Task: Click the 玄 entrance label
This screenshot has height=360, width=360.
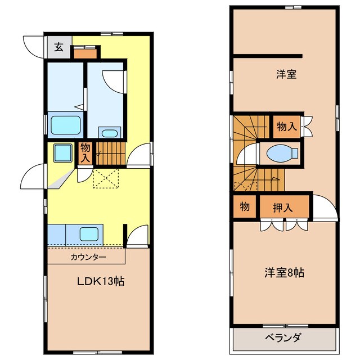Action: click(x=58, y=47)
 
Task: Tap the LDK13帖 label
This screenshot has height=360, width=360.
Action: click(x=101, y=282)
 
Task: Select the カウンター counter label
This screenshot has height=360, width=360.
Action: click(x=88, y=257)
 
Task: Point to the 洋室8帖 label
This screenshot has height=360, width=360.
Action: click(x=285, y=273)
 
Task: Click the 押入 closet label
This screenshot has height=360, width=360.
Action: click(x=283, y=208)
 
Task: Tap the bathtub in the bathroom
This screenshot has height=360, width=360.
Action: click(x=66, y=124)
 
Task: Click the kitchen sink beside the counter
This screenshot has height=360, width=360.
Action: click(x=89, y=233)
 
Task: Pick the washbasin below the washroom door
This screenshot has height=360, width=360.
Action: click(x=109, y=133)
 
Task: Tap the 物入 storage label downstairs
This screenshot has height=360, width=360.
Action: click(x=85, y=153)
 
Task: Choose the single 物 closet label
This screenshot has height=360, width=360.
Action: click(x=245, y=206)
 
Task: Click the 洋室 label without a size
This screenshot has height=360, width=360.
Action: click(x=286, y=74)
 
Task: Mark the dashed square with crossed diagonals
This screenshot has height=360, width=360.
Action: click(x=107, y=178)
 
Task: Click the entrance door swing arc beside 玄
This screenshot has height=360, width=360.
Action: click(x=33, y=45)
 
